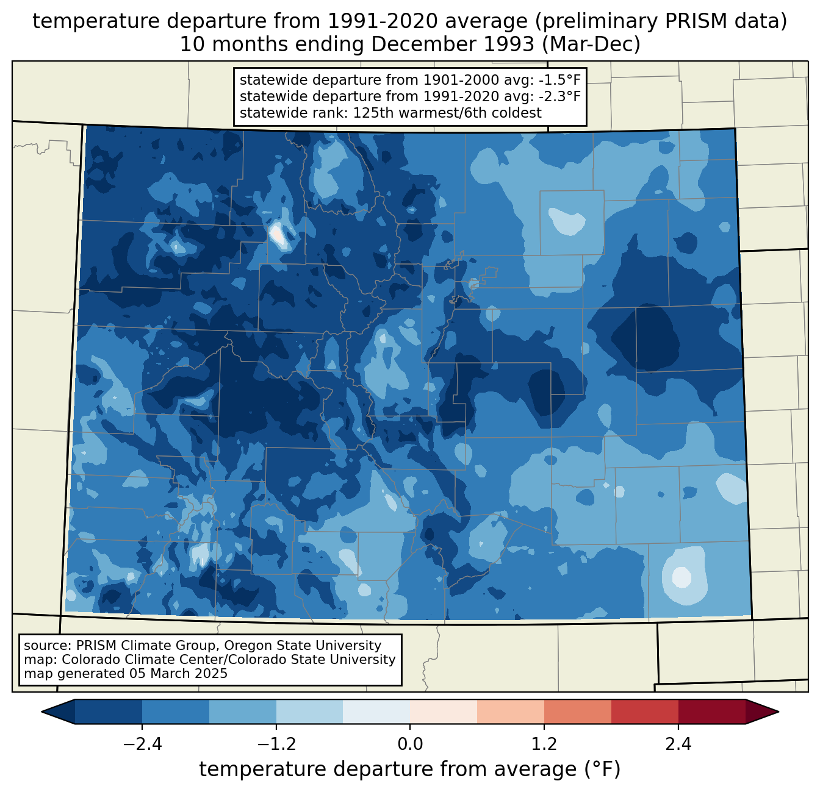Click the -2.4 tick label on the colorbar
coord(142,744)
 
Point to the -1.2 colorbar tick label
coord(276,744)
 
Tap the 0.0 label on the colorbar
coord(410,744)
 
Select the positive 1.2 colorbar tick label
coord(544,744)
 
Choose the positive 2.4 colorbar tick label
coord(678,744)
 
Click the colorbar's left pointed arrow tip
coord(41,712)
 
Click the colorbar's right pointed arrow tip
coord(779,712)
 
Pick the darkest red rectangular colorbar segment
coord(712,712)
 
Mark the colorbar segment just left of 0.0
coord(376,712)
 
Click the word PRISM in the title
coord(690,21)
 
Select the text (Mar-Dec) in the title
coord(591,45)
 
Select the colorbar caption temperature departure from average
coord(410,769)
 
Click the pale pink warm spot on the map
coord(277,234)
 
